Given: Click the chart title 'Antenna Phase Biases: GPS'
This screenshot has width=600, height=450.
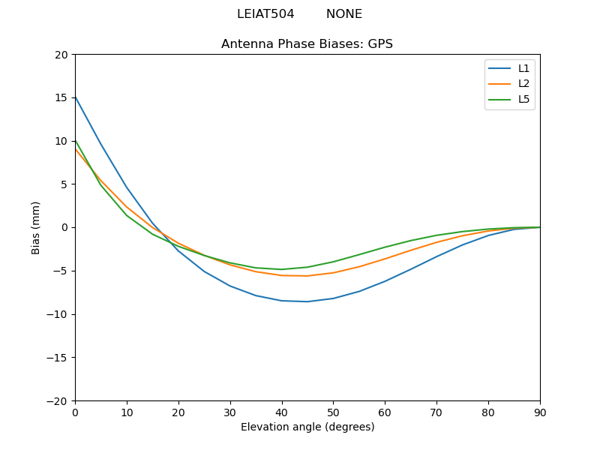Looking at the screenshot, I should (x=307, y=44).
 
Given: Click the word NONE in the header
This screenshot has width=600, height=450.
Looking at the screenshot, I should (x=343, y=14).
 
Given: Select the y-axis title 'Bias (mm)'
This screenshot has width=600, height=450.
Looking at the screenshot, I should (x=36, y=227).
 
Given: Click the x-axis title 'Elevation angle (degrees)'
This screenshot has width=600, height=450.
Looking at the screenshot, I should (x=307, y=427).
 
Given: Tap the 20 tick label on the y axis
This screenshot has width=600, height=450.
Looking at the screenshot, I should (x=61, y=55).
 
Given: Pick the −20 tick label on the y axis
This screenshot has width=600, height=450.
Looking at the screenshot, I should (x=58, y=401).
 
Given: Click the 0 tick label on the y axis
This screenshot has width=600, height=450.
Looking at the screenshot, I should (x=64, y=228).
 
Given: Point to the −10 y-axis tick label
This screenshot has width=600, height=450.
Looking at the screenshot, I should (x=58, y=314).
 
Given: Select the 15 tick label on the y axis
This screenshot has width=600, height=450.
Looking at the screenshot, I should (x=61, y=98).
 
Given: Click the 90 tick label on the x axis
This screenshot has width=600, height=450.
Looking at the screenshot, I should (x=539, y=412).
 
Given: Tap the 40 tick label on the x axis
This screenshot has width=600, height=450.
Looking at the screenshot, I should (x=281, y=412).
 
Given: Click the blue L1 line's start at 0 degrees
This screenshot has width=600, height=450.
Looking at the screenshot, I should (x=75, y=97).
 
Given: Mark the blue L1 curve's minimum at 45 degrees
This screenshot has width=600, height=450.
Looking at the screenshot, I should (x=307, y=301).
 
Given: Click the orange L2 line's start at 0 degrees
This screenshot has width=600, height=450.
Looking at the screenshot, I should (x=75, y=149).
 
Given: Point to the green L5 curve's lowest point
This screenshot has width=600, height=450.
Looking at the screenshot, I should (x=281, y=269).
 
